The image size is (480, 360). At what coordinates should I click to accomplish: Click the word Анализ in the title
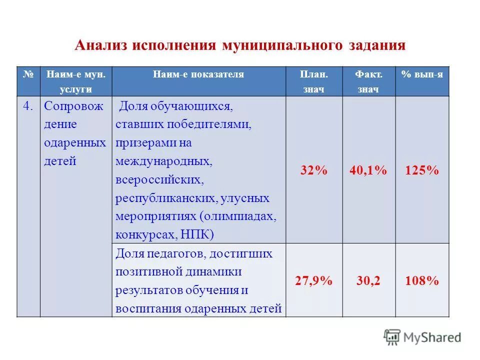[x=101, y=45]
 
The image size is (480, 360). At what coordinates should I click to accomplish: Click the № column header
[x=28, y=74]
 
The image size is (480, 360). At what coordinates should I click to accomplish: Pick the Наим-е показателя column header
[x=198, y=74]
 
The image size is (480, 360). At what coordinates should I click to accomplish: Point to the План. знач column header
[x=314, y=81]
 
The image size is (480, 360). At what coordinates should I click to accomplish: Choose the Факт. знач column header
[x=369, y=81]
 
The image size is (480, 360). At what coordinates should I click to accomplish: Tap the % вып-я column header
[x=422, y=74]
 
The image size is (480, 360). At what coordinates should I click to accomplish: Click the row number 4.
[x=29, y=106]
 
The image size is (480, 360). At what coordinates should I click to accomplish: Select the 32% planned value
[x=314, y=170]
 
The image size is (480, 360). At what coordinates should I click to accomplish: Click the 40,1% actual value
[x=368, y=170]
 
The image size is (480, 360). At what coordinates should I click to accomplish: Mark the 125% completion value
[x=422, y=170]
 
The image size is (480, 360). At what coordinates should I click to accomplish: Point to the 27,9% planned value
[x=314, y=281]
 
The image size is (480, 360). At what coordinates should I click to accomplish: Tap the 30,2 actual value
[x=368, y=281]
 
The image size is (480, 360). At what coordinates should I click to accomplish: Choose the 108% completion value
[x=422, y=281]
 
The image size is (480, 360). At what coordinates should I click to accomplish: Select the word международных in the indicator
[x=163, y=161]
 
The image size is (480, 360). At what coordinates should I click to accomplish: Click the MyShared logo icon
[x=392, y=337]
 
